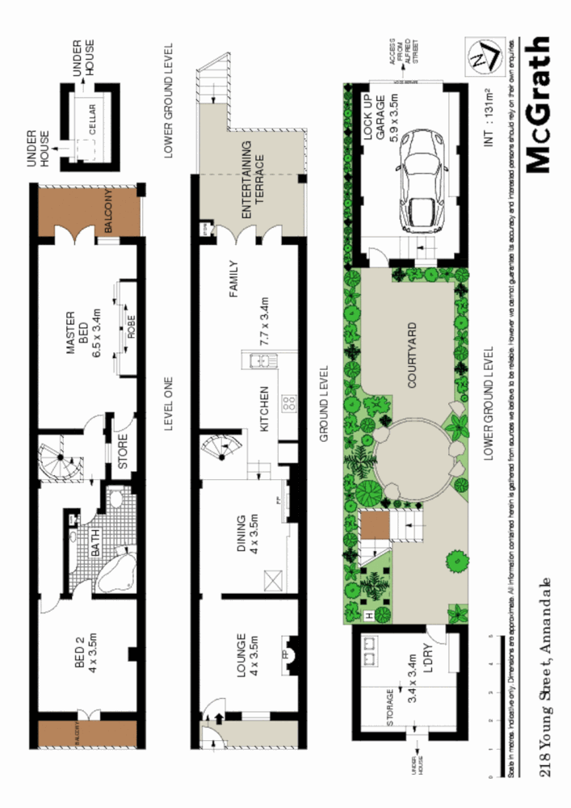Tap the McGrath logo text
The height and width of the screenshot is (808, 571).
pos(539,104)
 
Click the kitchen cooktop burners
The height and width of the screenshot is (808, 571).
pos(288,403)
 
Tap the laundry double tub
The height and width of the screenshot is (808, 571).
pos(371,650)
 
